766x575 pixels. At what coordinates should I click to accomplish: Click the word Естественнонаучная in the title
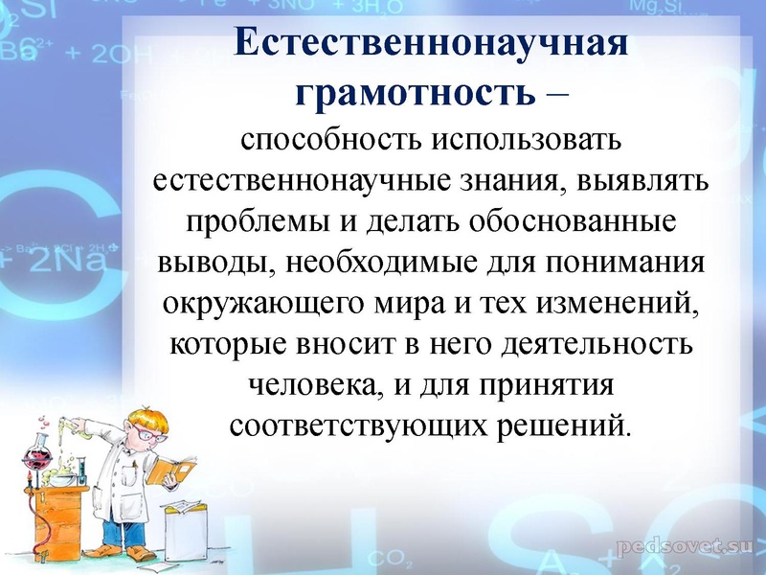tap(432, 46)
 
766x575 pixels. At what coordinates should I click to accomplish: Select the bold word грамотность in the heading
tap(414, 93)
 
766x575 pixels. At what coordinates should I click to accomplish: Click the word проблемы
tap(245, 219)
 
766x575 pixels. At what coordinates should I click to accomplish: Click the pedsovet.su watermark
tap(681, 546)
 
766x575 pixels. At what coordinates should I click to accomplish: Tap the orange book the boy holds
tap(176, 470)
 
